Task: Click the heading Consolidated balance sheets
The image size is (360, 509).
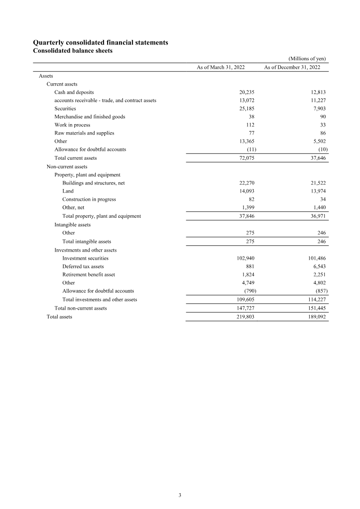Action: click(73, 50)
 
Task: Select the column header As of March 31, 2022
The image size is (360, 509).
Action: click(220, 67)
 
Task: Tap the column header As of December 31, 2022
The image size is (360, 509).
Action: click(292, 67)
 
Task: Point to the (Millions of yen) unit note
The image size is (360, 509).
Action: click(307, 59)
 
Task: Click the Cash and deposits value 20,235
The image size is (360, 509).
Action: click(247, 92)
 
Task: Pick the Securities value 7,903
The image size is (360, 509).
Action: click(318, 108)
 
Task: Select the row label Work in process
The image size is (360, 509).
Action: click(72, 125)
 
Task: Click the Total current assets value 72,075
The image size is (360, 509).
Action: click(247, 158)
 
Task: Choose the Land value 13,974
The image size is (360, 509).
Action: click(317, 191)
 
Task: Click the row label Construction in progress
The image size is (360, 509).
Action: click(89, 199)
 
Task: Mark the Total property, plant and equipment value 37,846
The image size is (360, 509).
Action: click(247, 216)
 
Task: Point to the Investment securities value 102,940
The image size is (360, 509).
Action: click(245, 258)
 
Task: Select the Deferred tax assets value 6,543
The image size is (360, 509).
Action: click(318, 266)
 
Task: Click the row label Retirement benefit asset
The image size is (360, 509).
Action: click(89, 275)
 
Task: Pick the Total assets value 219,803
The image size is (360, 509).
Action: click(245, 317)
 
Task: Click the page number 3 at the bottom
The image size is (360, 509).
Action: click(180, 495)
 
